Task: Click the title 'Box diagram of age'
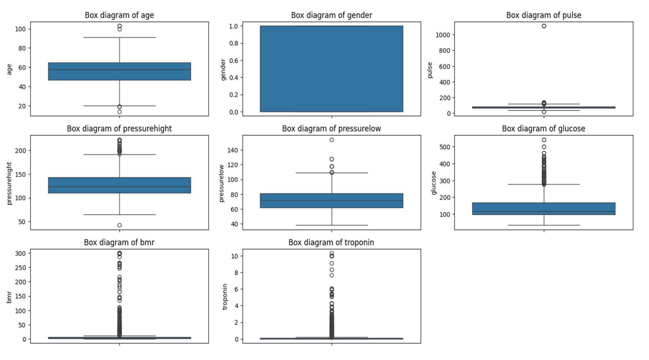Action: (119, 15)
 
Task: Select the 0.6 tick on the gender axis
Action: (234, 60)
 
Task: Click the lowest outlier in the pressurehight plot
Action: (119, 225)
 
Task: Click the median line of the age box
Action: (119, 70)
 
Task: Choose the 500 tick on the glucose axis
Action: (445, 147)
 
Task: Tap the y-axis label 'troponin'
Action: (225, 296)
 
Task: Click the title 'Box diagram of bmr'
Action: (119, 242)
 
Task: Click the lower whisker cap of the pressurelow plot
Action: (332, 225)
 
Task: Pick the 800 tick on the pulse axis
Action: (445, 51)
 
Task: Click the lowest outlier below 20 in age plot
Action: (119, 112)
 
